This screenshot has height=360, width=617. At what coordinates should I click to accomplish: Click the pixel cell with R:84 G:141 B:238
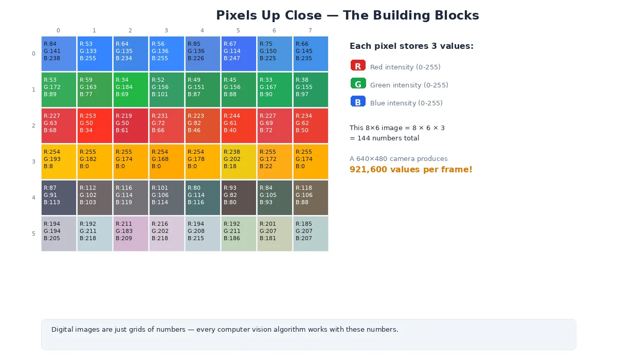[59, 53]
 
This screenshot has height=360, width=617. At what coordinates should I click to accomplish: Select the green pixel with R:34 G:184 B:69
[131, 89]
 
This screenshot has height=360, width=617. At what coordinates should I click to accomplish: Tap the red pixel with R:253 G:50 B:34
[95, 125]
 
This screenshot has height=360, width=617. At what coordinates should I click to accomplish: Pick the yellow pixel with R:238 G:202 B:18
[239, 161]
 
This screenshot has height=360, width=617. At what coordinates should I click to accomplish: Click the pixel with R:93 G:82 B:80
[239, 197]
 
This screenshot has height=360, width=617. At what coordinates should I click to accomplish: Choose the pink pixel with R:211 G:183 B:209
[131, 233]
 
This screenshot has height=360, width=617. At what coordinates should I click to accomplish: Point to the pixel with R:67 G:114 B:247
[239, 53]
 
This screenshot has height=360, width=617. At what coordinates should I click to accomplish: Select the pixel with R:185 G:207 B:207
[311, 233]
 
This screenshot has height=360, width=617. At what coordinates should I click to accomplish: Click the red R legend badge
[358, 66]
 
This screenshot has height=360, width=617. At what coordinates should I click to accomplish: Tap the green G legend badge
[358, 84]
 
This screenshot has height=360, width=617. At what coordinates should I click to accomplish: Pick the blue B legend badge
[358, 102]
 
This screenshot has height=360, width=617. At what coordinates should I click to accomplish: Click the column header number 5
[238, 31]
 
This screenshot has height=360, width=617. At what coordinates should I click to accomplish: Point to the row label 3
[33, 161]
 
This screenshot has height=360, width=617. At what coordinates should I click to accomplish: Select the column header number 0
[58, 31]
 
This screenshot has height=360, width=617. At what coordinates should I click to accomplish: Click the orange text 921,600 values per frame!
[410, 170]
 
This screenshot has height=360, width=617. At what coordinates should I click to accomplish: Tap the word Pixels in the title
[237, 15]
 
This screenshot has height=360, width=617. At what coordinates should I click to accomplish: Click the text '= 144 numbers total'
[384, 138]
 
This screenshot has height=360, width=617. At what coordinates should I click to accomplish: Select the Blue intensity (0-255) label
[406, 103]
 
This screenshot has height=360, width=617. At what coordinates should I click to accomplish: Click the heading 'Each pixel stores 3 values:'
[411, 46]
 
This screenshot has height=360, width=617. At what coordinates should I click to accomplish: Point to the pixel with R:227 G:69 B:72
[275, 125]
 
